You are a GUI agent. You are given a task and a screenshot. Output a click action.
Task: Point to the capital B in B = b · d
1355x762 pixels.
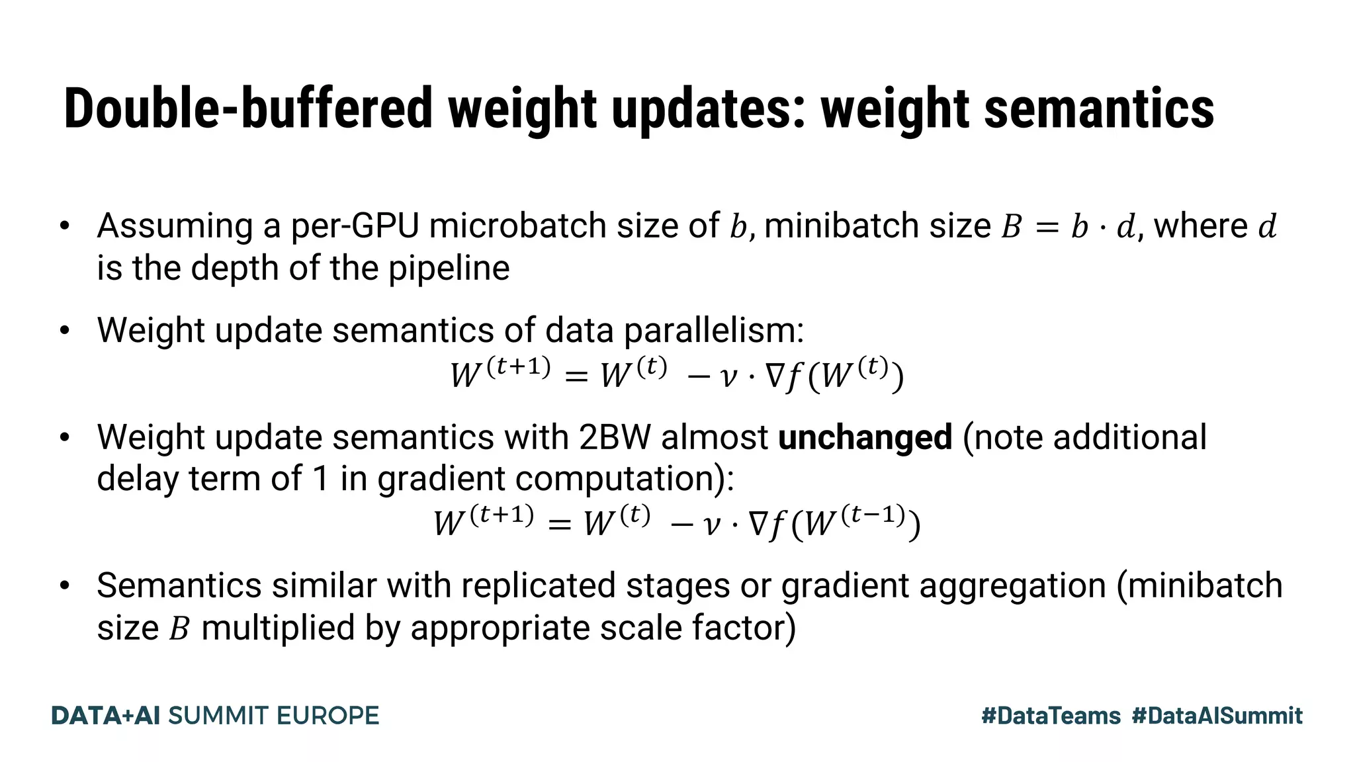1011,227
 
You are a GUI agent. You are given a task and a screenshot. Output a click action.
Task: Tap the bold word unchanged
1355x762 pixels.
865,437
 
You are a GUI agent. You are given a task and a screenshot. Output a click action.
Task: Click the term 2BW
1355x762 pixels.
615,437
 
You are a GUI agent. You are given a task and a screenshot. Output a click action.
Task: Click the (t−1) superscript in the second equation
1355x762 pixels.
873,515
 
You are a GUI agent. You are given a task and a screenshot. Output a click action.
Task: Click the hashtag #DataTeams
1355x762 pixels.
1051,716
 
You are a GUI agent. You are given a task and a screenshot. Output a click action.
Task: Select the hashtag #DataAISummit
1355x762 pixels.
1217,716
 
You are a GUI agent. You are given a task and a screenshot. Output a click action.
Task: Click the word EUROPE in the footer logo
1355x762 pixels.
328,716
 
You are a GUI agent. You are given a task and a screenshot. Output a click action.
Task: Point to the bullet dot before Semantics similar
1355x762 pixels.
64,586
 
